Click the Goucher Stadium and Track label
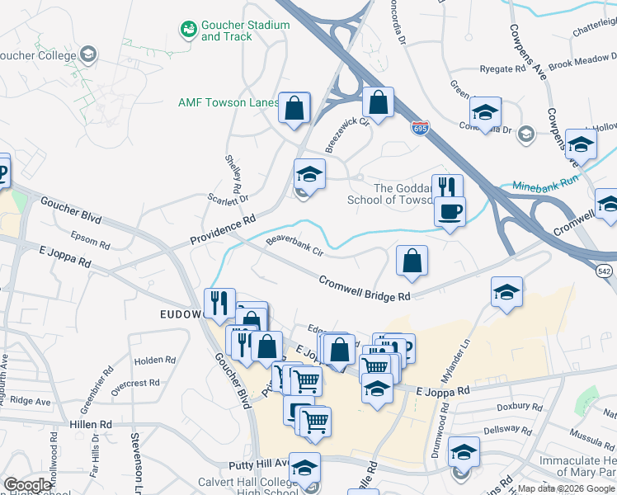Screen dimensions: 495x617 pyautogui.click(x=245, y=31)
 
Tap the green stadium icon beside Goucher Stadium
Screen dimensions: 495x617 pyautogui.click(x=189, y=30)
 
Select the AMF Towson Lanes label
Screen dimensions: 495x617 pyautogui.click(x=228, y=102)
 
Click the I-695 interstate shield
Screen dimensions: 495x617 pyautogui.click(x=420, y=129)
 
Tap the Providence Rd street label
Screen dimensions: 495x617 pyautogui.click(x=224, y=230)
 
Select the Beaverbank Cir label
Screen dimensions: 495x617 pyautogui.click(x=294, y=246)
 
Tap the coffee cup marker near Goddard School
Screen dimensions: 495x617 pyautogui.click(x=450, y=211)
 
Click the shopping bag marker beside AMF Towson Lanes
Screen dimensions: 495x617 pyautogui.click(x=294, y=107)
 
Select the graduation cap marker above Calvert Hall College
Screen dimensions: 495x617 pyautogui.click(x=304, y=468)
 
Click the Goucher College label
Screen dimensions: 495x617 pyautogui.click(x=36, y=55)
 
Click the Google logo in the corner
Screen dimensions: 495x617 pyautogui.click(x=28, y=484)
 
